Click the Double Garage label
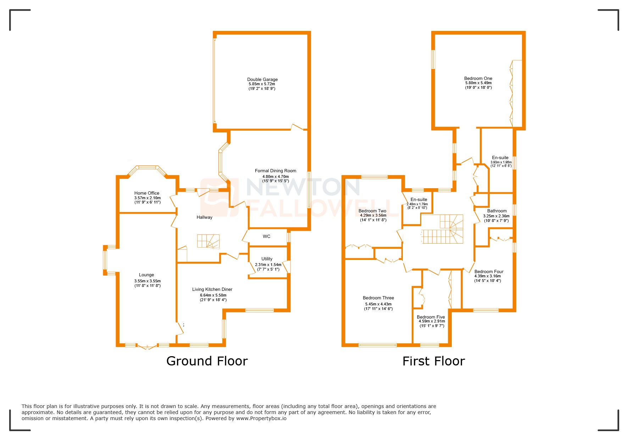[x=262, y=80]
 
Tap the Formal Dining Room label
[x=276, y=171]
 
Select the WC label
[x=267, y=237]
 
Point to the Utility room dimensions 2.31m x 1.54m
[x=268, y=265]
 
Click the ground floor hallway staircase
[x=209, y=241]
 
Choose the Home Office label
[x=147, y=193]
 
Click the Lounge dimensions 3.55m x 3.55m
[x=148, y=281]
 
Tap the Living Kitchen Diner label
[x=212, y=289]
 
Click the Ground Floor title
[x=207, y=361]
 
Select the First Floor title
[x=433, y=361]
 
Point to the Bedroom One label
[x=478, y=78]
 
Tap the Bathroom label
[x=497, y=211]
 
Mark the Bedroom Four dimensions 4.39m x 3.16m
[x=488, y=276]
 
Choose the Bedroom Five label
[x=430, y=317]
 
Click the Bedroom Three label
[x=378, y=298]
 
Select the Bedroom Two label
[x=372, y=211]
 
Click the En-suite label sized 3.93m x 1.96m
[x=500, y=158]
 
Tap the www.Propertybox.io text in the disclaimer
[x=261, y=418]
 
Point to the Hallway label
[x=204, y=217]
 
